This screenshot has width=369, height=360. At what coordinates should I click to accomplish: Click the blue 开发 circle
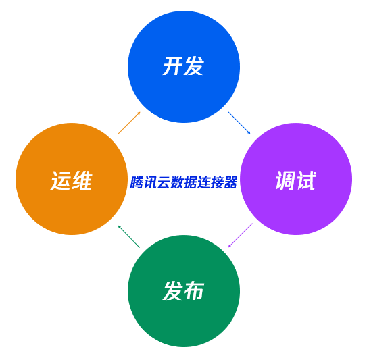point(184,67)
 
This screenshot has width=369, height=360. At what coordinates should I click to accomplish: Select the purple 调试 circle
point(296,179)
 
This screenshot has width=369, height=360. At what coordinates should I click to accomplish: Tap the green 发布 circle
point(184,291)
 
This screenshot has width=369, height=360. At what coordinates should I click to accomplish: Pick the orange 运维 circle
point(72,179)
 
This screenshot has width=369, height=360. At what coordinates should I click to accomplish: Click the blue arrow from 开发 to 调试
point(239,123)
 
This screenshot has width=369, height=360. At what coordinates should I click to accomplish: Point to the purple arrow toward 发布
point(240,235)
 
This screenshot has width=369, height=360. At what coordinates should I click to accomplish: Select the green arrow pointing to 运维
point(128,236)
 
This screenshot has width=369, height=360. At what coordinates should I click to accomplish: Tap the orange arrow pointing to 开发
point(129,123)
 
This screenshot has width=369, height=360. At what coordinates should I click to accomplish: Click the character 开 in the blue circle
point(173,66)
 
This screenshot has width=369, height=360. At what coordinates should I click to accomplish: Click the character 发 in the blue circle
point(194,66)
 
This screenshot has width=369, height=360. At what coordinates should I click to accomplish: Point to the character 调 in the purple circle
point(285,180)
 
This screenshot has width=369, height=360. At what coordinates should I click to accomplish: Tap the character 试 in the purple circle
point(306,180)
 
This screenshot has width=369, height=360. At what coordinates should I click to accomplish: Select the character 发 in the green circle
point(173,290)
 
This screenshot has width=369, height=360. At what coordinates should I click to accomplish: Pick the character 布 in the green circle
point(194,290)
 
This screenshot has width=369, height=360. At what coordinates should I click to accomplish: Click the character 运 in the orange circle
point(61,180)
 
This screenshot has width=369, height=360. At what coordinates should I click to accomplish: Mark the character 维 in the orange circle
point(81,180)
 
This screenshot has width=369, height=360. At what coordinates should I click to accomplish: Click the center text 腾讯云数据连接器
point(184,182)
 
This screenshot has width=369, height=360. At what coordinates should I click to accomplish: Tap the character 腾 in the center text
point(137,182)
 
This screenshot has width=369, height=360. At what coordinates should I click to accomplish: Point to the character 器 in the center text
point(230,182)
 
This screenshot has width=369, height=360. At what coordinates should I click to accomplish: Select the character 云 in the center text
point(164,182)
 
